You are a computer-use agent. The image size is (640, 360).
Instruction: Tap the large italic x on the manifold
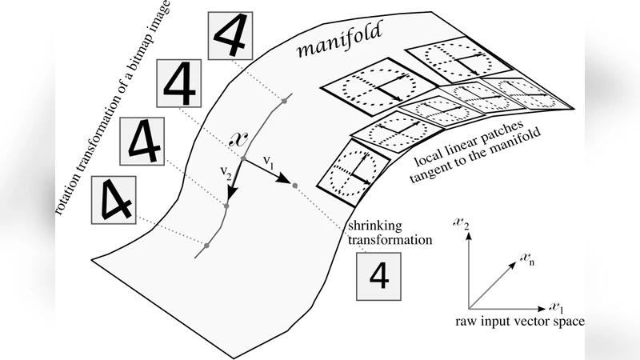click(x=238, y=137)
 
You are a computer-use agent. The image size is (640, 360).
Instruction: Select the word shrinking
click(x=373, y=225)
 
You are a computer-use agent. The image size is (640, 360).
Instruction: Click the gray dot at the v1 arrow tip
click(x=295, y=186)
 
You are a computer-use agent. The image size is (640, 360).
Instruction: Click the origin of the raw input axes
click(x=469, y=307)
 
